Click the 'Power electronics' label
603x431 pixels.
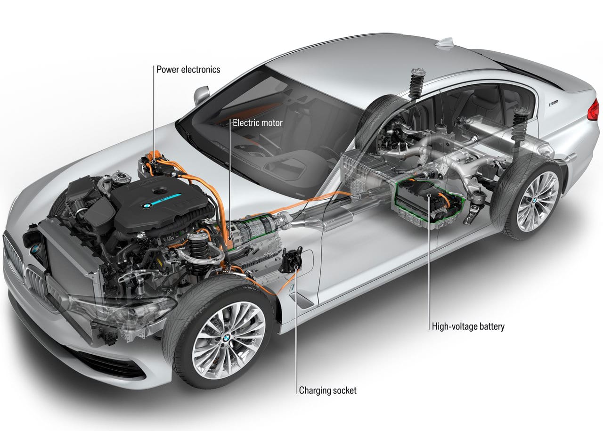click(x=188, y=69)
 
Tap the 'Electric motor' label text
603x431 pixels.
click(x=258, y=123)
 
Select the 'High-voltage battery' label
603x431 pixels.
click(x=468, y=326)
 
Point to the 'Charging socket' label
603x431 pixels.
click(x=327, y=390)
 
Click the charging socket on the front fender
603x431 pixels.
click(x=292, y=260)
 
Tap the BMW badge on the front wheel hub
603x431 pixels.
click(x=227, y=337)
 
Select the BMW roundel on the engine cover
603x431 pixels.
click(x=147, y=206)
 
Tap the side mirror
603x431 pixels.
click(x=201, y=94)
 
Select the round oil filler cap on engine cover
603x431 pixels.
click(x=160, y=191)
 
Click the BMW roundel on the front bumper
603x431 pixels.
click(x=35, y=250)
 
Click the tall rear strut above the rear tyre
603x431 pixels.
click(x=417, y=83)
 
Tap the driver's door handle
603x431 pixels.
click(x=301, y=300)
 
